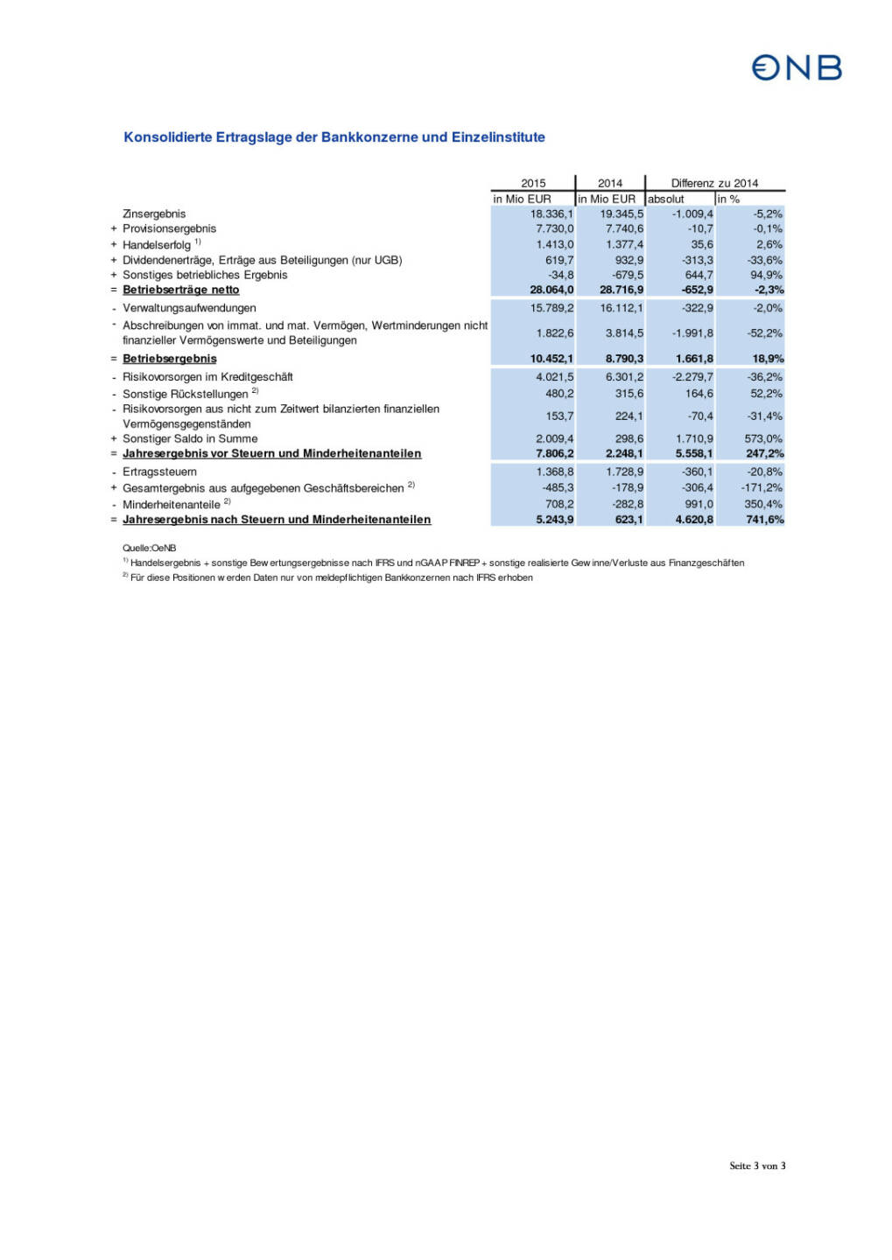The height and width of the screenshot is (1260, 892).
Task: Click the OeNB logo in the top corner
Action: [x=797, y=68]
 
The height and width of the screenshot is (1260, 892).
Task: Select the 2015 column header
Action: [x=532, y=183]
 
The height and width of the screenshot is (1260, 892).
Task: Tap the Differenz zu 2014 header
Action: [x=714, y=183]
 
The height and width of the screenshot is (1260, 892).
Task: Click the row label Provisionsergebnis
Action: [x=169, y=228]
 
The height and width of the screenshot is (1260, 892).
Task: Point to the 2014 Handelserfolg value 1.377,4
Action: [x=624, y=244]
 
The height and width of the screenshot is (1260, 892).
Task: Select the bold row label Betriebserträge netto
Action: [x=180, y=290]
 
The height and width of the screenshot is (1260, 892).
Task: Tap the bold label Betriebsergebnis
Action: [x=169, y=359]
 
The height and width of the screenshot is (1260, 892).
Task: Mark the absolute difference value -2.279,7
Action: [x=692, y=377]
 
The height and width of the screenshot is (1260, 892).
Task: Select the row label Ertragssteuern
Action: [x=159, y=472]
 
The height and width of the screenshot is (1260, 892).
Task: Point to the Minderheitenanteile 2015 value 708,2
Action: [x=558, y=504]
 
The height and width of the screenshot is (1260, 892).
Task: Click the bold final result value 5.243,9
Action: [x=554, y=520]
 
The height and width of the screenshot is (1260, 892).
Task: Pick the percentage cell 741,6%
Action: [x=764, y=520]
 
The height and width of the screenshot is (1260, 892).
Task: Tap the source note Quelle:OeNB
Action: [x=149, y=548]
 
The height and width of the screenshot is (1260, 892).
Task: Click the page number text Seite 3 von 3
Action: [x=757, y=1165]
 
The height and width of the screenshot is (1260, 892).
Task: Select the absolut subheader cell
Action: [x=666, y=199]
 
